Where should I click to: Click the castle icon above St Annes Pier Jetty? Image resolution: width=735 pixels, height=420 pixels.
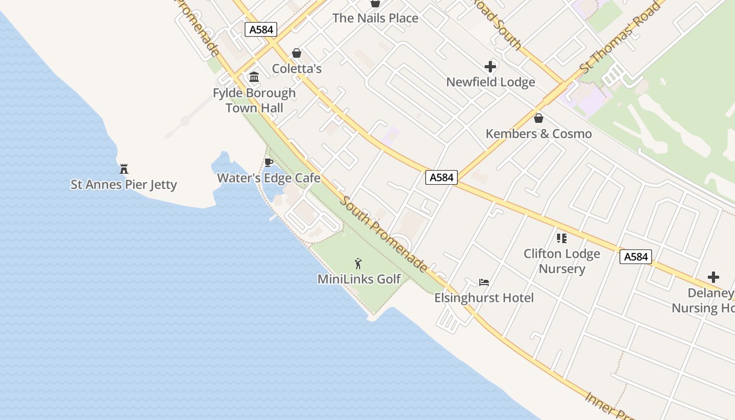tap(124, 169)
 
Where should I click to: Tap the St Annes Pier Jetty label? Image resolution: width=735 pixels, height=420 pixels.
tap(124, 185)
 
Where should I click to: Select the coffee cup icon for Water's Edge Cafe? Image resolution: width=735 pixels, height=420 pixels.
tap(269, 162)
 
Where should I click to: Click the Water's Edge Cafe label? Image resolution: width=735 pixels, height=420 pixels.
tap(269, 178)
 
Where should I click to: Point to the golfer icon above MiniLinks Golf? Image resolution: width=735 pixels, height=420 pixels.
tap(359, 264)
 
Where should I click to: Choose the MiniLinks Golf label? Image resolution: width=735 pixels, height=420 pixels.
tap(359, 279)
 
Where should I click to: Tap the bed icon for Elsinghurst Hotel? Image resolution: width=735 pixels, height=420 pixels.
tap(484, 282)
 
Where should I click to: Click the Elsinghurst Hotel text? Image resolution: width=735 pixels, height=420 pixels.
tap(484, 298)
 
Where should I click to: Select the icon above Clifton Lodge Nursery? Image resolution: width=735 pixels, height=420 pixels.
tap(562, 238)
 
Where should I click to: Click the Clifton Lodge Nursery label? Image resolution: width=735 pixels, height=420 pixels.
tap(562, 261)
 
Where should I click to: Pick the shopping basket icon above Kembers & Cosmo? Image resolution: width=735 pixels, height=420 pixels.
tap(539, 118)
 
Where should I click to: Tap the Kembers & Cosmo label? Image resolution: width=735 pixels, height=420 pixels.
tap(539, 134)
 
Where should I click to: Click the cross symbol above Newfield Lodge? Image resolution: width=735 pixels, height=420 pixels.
tap(490, 67)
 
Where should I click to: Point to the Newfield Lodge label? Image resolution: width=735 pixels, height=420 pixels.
tap(490, 82)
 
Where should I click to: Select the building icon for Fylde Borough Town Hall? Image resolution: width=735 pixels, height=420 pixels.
tap(255, 77)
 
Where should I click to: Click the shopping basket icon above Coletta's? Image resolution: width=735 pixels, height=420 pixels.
tap(297, 53)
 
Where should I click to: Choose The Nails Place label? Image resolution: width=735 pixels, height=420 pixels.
tap(375, 18)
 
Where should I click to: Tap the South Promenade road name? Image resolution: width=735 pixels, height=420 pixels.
tap(382, 234)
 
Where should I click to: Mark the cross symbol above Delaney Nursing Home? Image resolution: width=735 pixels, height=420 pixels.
tap(713, 277)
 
